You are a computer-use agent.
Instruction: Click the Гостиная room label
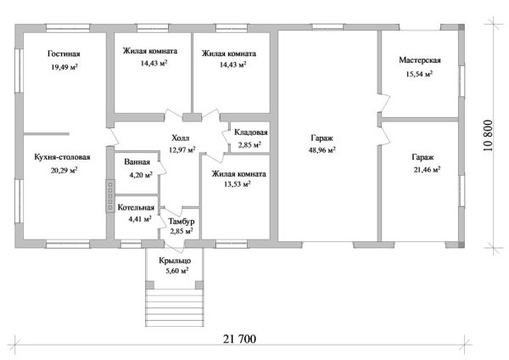click(x=64, y=53)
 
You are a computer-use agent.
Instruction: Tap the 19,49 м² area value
click(x=64, y=67)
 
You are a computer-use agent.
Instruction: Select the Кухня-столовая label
click(x=62, y=157)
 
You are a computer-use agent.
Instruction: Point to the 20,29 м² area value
click(x=64, y=170)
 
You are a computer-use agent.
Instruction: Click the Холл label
click(x=181, y=138)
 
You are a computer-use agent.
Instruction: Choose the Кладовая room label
click(x=251, y=132)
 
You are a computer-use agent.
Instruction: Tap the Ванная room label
click(x=137, y=162)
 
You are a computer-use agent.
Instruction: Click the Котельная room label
click(x=136, y=207)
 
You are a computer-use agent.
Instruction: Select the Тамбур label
click(x=182, y=222)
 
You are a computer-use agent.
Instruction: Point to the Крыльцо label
click(x=175, y=261)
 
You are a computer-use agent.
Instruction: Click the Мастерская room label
click(x=420, y=60)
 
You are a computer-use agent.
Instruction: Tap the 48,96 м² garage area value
click(x=322, y=150)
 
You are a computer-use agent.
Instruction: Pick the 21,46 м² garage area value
click(x=427, y=169)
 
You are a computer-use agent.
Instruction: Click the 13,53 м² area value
click(x=238, y=184)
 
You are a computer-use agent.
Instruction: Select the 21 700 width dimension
click(x=239, y=339)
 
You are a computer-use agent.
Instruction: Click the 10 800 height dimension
click(x=488, y=136)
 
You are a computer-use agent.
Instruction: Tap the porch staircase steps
click(x=175, y=307)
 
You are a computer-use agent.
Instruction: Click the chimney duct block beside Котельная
click(x=110, y=196)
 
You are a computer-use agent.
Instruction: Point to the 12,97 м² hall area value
click(x=182, y=149)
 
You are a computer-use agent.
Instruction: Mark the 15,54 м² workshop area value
click(x=419, y=74)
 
